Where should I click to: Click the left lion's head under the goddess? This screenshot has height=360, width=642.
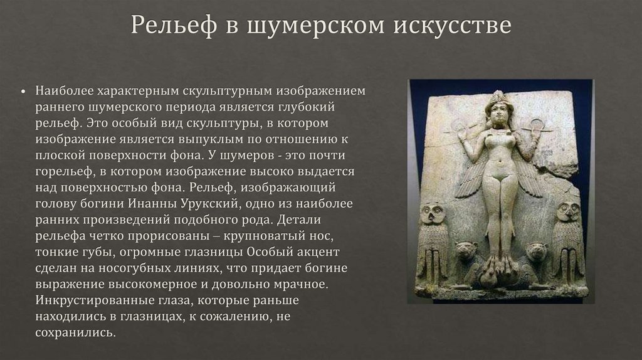pos(465,252)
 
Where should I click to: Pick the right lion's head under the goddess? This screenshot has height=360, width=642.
pos(535,252)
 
